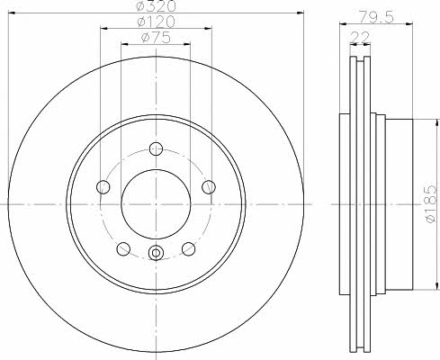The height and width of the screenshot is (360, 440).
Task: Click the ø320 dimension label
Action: tap(156, 6)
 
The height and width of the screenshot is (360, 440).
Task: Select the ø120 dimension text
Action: tap(156, 22)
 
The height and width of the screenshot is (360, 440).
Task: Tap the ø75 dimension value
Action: tap(156, 38)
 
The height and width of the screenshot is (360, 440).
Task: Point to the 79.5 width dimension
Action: tap(376, 18)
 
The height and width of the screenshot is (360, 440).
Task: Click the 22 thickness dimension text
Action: tap(360, 38)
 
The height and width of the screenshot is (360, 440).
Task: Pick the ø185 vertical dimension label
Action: tap(431, 204)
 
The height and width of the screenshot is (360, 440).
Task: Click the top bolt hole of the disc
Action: tap(156, 148)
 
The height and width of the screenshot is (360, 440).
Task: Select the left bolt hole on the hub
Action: tap(103, 187)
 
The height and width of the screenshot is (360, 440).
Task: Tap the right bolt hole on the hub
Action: tap(209, 187)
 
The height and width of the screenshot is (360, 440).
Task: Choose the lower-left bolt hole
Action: tap(123, 249)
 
